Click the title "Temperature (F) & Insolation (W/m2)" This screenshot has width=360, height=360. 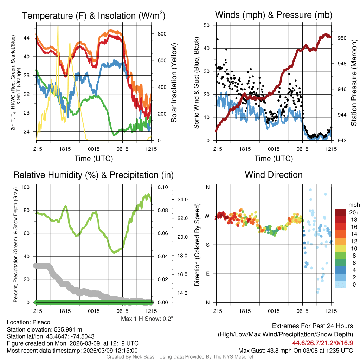pyautogui.click(x=94, y=16)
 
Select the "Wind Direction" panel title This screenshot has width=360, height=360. pyautogui.click(x=274, y=175)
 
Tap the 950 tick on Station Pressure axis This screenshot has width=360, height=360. pyautogui.click(x=342, y=38)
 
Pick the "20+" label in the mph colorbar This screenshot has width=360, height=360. pyautogui.click(x=354, y=212)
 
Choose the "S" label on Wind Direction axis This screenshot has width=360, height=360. pyautogui.click(x=207, y=245)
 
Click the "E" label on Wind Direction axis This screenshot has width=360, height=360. pyautogui.click(x=207, y=274)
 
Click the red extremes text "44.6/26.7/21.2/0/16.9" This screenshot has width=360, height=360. pyautogui.click(x=322, y=343)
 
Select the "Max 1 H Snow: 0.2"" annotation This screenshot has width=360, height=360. pyautogui.click(x=147, y=319)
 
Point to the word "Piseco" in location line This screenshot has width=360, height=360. pyautogui.click(x=41, y=322)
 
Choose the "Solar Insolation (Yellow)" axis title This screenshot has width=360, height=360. pyautogui.click(x=174, y=83)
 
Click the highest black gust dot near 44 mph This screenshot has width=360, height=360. pyautogui.click(x=218, y=39)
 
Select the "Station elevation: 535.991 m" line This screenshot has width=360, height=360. pyautogui.click(x=44, y=329)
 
